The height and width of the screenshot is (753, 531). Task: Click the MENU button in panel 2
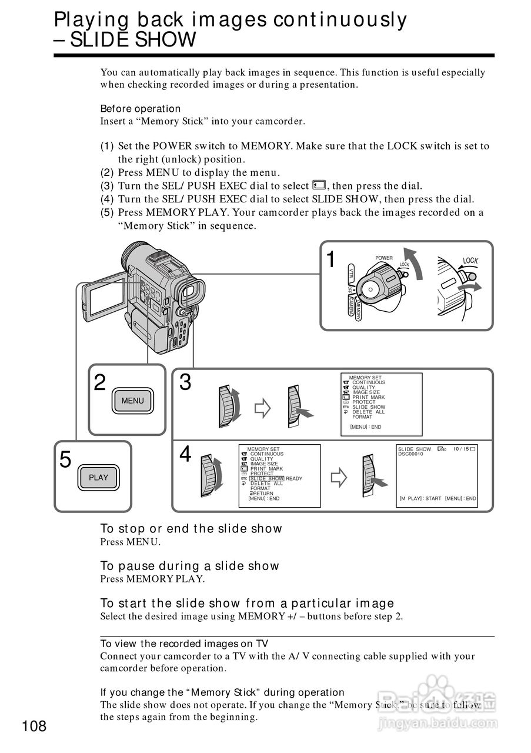pyautogui.click(x=132, y=401)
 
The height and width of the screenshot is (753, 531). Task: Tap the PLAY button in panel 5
pyautogui.click(x=98, y=477)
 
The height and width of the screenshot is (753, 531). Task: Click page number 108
pyautogui.click(x=35, y=727)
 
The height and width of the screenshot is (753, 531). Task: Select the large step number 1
pyautogui.click(x=332, y=259)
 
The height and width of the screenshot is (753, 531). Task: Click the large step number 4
pyautogui.click(x=185, y=454)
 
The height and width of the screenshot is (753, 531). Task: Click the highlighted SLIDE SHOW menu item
pyautogui.click(x=266, y=478)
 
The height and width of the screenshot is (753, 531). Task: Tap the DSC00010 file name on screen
pyautogui.click(x=410, y=454)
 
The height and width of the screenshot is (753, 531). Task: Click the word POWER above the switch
pyautogui.click(x=383, y=258)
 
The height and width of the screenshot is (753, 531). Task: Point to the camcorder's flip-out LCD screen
pyautogui.click(x=102, y=298)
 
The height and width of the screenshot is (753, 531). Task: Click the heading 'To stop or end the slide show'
pyautogui.click(x=191, y=528)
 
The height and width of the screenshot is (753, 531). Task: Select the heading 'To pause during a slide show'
pyautogui.click(x=189, y=566)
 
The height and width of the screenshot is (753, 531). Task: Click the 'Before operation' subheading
pyautogui.click(x=141, y=108)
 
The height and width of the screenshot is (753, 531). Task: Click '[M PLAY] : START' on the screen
pyautogui.click(x=420, y=498)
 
